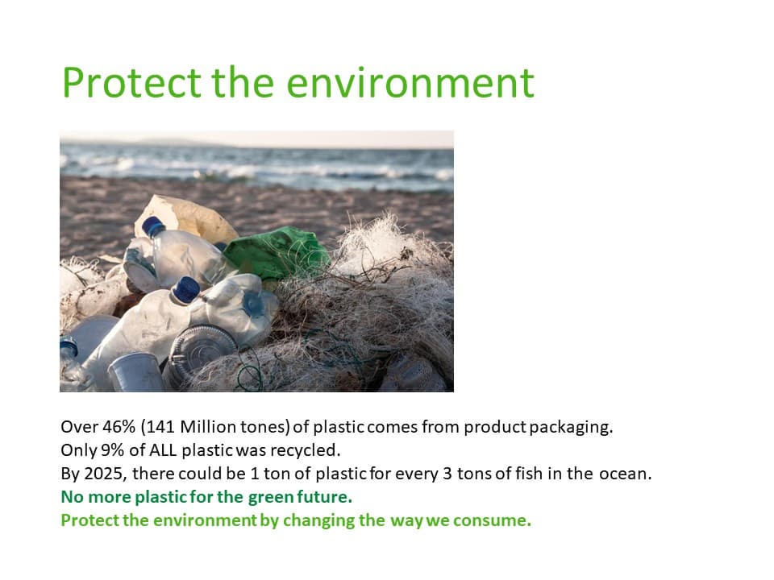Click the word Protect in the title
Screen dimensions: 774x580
pyautogui.click(x=131, y=82)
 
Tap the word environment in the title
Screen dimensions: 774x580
pyautogui.click(x=410, y=83)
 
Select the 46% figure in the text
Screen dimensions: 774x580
pyautogui.click(x=119, y=427)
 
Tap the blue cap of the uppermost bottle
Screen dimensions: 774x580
pyautogui.click(x=153, y=226)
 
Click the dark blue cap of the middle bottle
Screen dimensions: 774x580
pyautogui.click(x=186, y=289)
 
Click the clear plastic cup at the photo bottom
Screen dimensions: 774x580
pyautogui.click(x=135, y=372)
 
